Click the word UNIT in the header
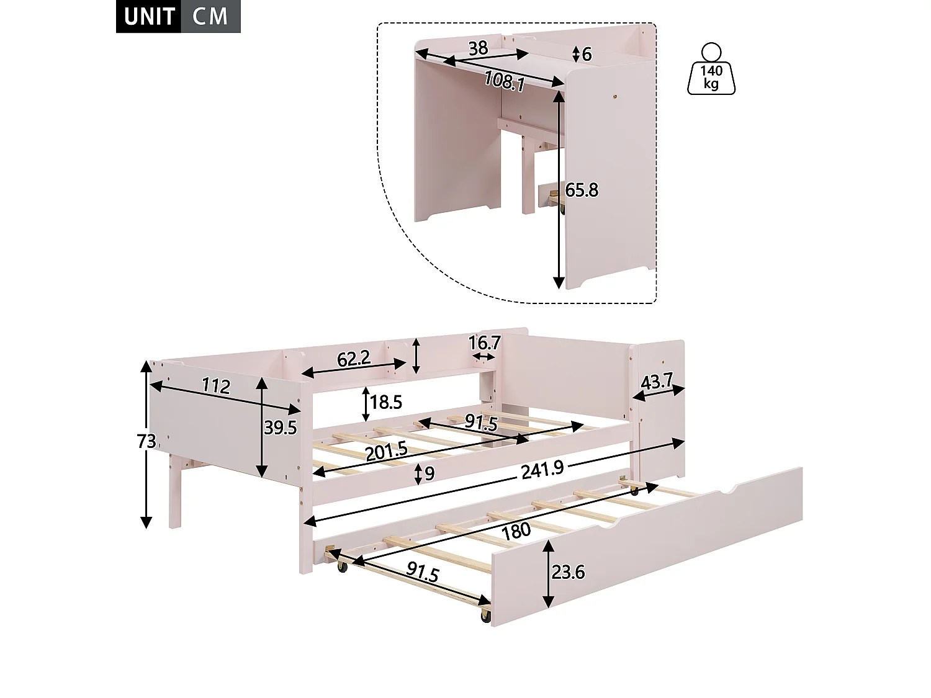[x=150, y=17]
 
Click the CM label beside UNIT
[x=210, y=17]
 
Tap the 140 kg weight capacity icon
[x=711, y=68]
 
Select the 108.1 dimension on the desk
[x=505, y=81]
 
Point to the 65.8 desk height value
[x=582, y=190]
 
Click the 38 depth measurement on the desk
[x=478, y=48]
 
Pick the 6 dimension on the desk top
[x=587, y=54]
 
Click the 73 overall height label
[x=146, y=442]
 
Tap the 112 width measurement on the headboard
[x=217, y=386]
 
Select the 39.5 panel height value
[x=280, y=427]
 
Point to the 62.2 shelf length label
[x=354, y=359]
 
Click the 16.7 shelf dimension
[x=484, y=343]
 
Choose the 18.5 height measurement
[x=386, y=402]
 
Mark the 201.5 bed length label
[x=387, y=451]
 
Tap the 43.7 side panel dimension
[x=657, y=382]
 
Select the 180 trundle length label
[x=516, y=531]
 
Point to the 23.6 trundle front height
[x=568, y=573]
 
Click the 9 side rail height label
[x=430, y=474]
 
